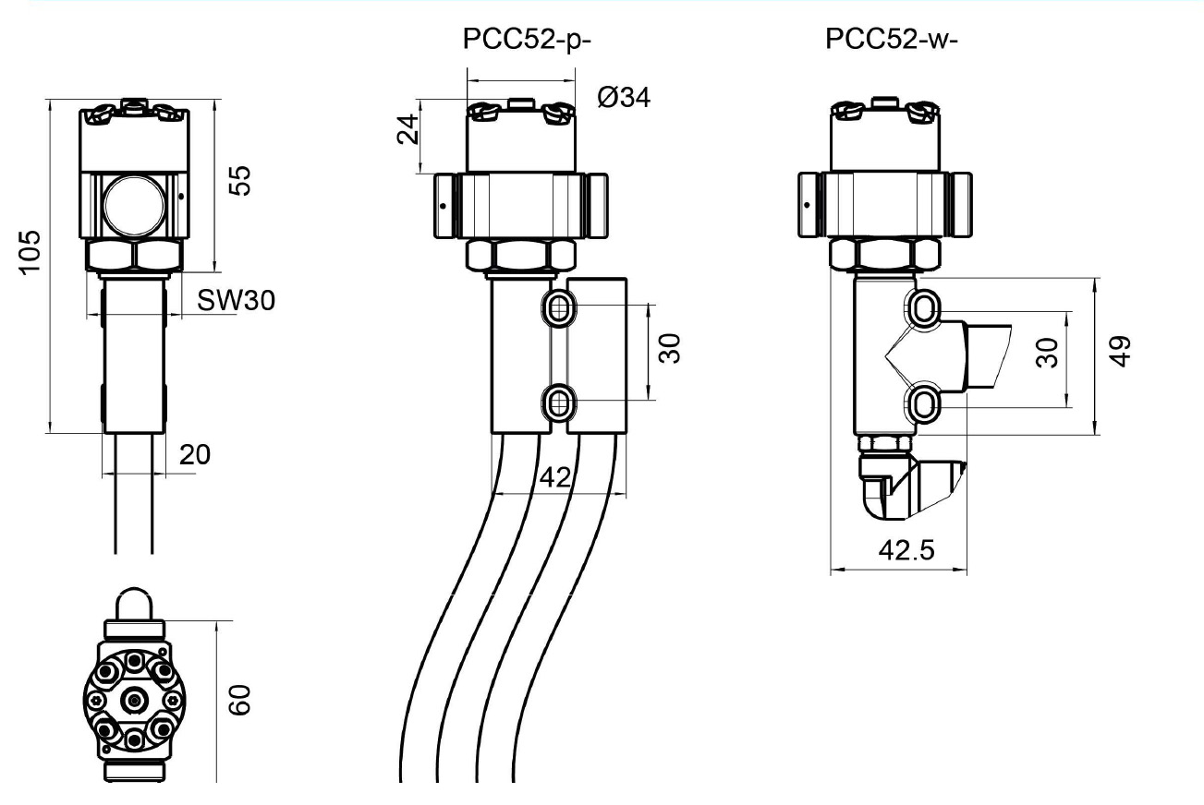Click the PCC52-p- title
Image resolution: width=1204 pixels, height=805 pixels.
[x=526, y=39]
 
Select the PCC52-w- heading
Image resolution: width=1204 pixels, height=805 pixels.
[x=892, y=39]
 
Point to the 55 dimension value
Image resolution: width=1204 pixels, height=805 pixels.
[x=239, y=180]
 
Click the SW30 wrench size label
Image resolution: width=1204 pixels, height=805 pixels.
[x=236, y=300]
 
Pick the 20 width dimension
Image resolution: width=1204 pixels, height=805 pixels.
[x=195, y=455]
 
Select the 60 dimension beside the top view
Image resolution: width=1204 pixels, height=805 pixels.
[x=239, y=700]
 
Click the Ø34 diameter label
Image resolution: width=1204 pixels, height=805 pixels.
[x=624, y=97]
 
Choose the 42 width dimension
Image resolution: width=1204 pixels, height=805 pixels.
[x=555, y=477]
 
